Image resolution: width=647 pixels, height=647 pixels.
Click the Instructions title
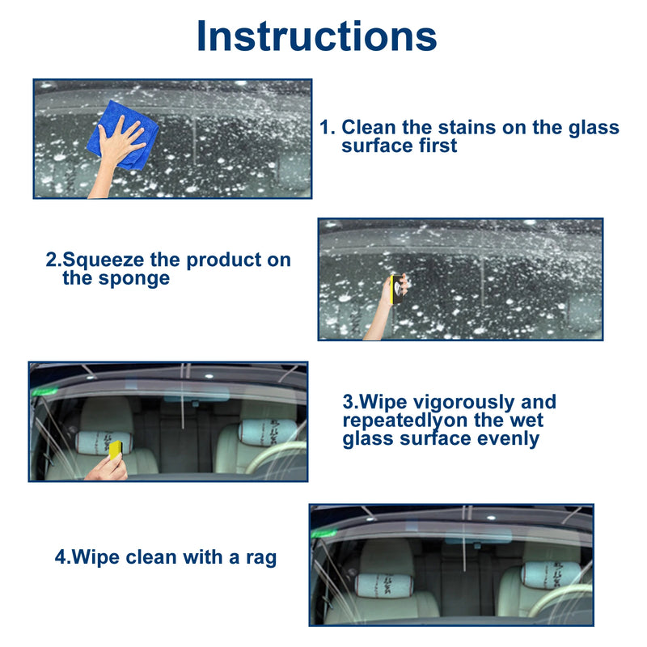coord(316,36)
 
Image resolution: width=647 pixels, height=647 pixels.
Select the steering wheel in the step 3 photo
coord(279,457)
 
